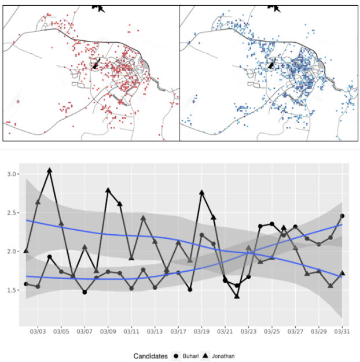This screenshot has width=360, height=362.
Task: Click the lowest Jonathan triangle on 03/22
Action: (x=237, y=295)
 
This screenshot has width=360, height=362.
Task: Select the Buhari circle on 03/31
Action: (x=342, y=216)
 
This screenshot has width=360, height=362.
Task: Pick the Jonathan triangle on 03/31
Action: (x=342, y=273)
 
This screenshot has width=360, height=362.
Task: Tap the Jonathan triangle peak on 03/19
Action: (x=202, y=192)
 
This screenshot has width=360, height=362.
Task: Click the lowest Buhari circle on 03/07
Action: (x=85, y=292)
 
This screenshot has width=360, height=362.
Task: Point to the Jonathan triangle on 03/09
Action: (x=108, y=190)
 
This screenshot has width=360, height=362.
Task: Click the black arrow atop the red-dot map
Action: (x=100, y=8)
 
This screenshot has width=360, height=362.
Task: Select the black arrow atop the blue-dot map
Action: (x=276, y=8)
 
